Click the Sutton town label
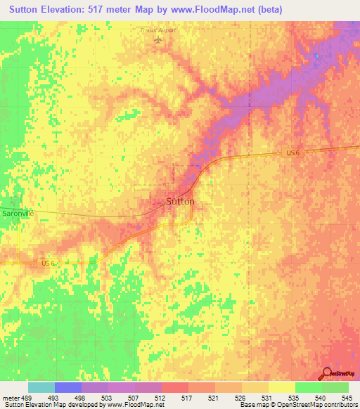tap(180, 201)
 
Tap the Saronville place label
tap(16, 213)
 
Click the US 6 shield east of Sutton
tap(292, 153)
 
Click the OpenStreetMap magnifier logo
tap(326, 374)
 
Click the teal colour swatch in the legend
tap(41, 387)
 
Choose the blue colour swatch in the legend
tap(67, 387)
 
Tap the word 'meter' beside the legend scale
tap(10, 398)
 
